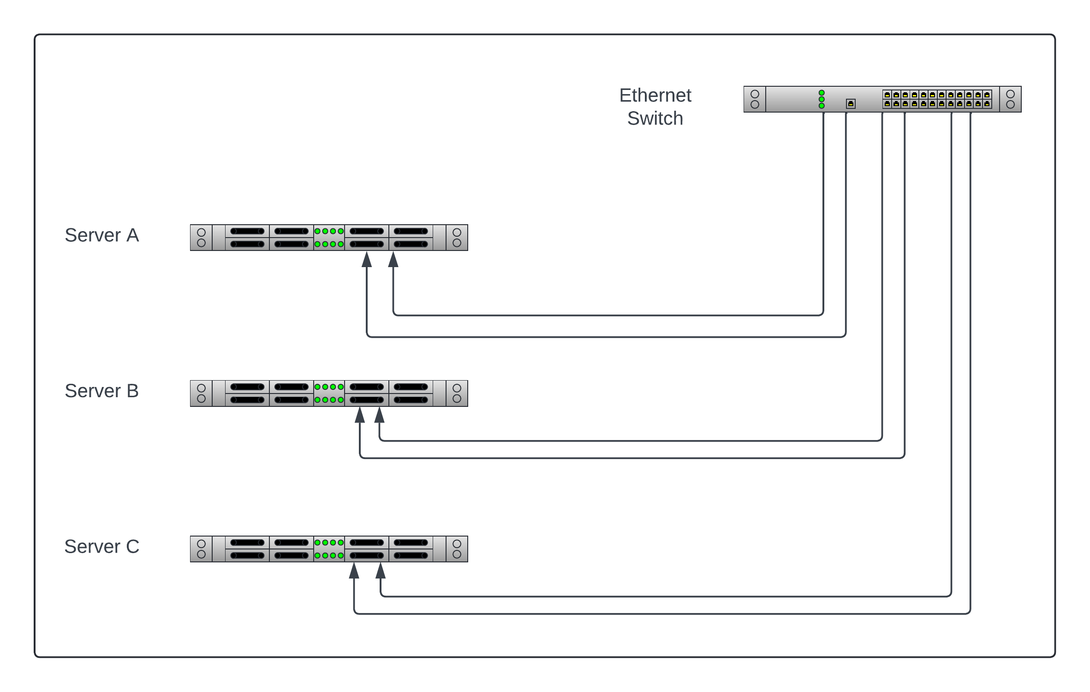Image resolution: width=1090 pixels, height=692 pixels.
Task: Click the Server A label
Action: pyautogui.click(x=101, y=235)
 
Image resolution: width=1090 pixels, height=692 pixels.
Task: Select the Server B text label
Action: pyautogui.click(x=101, y=391)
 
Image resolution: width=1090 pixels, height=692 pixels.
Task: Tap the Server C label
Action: pyautogui.click(x=101, y=547)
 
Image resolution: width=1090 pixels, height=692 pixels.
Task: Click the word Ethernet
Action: pyautogui.click(x=655, y=95)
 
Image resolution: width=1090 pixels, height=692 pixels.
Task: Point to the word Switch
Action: pyautogui.click(x=655, y=119)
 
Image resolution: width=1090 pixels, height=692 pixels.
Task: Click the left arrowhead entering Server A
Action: pyautogui.click(x=367, y=260)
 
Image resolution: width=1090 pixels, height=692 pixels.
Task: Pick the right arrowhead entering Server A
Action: pyautogui.click(x=393, y=260)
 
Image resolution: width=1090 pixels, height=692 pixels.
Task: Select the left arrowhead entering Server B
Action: pyautogui.click(x=360, y=415)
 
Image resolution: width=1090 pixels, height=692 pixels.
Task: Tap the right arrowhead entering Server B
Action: pyautogui.click(x=380, y=415)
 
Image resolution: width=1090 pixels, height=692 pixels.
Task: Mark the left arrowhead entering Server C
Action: pyautogui.click(x=354, y=571)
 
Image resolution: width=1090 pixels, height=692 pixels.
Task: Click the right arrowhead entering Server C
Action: pyautogui.click(x=381, y=571)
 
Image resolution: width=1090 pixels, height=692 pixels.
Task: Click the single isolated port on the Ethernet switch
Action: pyautogui.click(x=851, y=104)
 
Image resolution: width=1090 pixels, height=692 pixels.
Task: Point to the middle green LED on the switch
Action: pyautogui.click(x=822, y=99)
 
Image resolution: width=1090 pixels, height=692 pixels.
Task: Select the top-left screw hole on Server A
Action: pyautogui.click(x=201, y=233)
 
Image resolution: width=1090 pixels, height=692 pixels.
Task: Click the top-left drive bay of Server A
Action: pyautogui.click(x=247, y=231)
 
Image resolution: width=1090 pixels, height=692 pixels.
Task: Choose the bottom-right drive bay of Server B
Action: pyautogui.click(x=411, y=400)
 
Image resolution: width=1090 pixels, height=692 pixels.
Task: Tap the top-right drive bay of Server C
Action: pyautogui.click(x=411, y=543)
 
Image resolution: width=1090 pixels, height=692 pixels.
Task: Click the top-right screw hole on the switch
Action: pyautogui.click(x=1010, y=94)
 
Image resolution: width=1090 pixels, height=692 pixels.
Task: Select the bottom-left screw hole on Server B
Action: pyautogui.click(x=201, y=399)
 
